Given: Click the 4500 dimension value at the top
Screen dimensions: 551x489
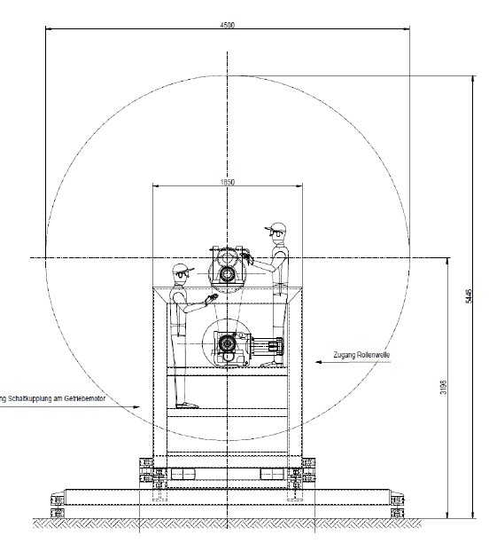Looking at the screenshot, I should pos(228,26).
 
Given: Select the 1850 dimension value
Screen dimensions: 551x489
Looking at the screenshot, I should pos(228,183).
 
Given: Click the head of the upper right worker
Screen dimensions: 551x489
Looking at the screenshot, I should pos(278,233).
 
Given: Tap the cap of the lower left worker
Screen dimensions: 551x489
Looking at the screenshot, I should pos(182,267).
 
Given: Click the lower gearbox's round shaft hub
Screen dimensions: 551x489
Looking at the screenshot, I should pos(225,342).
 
